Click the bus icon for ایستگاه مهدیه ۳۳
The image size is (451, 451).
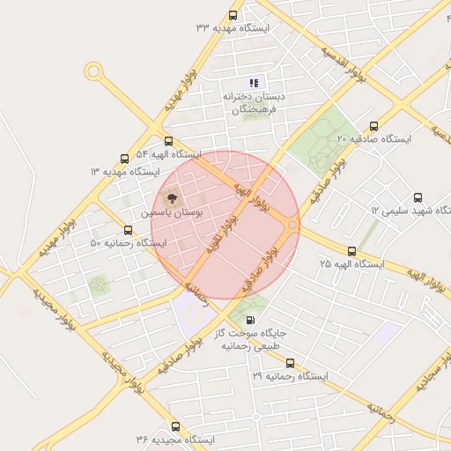(x=233, y=15)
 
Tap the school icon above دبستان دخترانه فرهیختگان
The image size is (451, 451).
(x=255, y=82)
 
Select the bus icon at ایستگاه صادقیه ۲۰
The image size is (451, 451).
(x=373, y=126)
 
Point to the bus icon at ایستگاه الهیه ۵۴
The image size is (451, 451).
(x=168, y=141)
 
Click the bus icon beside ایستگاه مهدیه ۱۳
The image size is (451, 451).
(x=123, y=159)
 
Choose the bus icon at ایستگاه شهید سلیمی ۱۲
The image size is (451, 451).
(x=418, y=198)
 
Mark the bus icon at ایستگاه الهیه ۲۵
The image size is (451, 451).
(x=352, y=251)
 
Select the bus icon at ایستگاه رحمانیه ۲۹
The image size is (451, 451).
(x=290, y=363)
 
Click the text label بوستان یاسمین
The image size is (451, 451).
(x=172, y=214)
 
